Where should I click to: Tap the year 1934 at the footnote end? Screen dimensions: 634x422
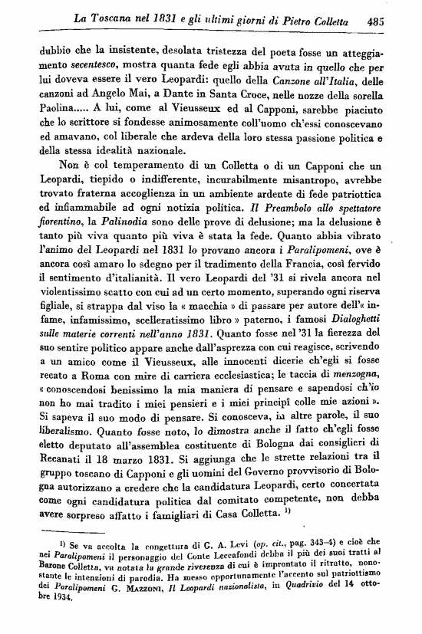point(57,600)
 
